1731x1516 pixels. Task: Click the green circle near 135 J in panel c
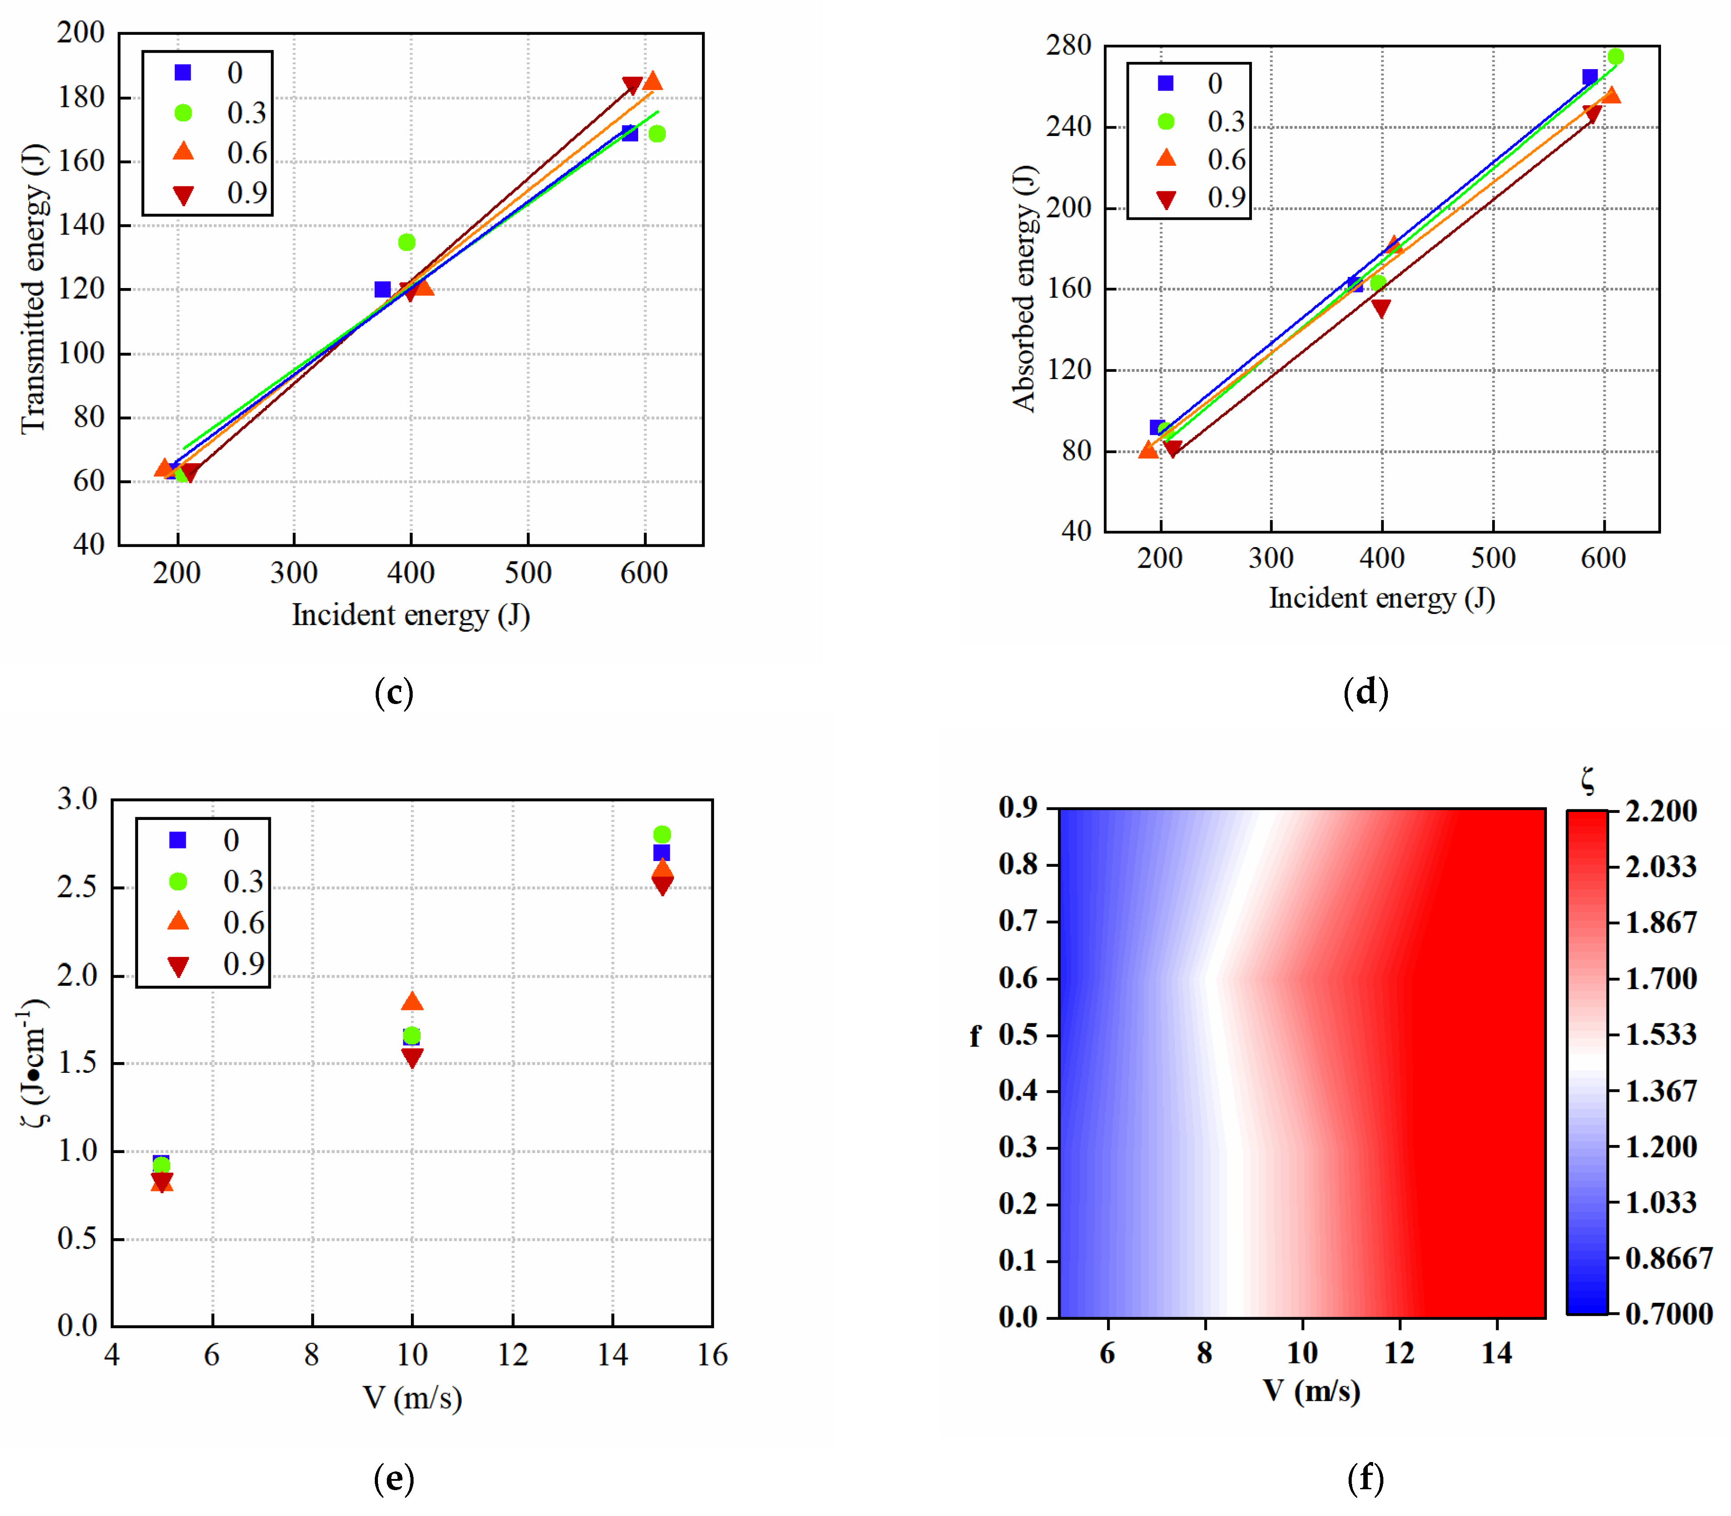[406, 242]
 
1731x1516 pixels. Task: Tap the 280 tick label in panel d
[1068, 45]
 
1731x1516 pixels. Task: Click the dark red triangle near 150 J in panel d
[1381, 308]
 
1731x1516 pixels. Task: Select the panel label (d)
[1365, 692]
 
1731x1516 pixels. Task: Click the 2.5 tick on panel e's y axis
[78, 887]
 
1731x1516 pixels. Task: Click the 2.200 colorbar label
[1660, 811]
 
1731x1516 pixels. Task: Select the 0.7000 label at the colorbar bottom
[1669, 1314]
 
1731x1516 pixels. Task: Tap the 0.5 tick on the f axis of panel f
[1017, 1034]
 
